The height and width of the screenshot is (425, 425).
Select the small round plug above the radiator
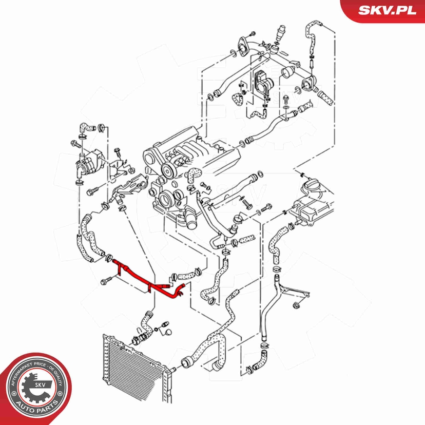pos(169,333)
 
